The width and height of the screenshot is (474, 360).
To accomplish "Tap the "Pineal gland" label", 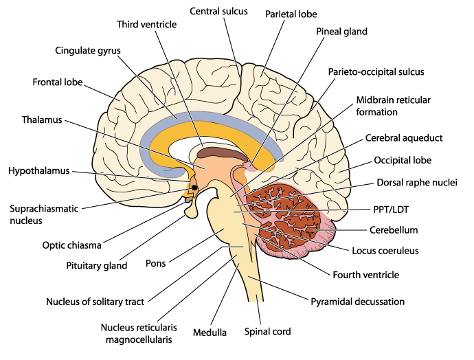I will tap(341, 32).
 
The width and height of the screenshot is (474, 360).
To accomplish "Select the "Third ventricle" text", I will tap(146, 25).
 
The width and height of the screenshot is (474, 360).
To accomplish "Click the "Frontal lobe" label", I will tap(58, 82).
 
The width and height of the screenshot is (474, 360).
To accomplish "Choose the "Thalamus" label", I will tap(42, 120).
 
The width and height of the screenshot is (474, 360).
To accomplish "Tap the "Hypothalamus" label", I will tap(38, 170).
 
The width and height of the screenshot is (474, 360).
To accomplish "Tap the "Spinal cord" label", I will tap(268, 331).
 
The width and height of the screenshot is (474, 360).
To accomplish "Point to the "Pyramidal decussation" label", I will tap(357, 301).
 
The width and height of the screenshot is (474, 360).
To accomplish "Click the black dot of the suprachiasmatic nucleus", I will tap(195, 188).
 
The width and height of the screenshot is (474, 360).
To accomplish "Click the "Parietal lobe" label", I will tap(288, 13).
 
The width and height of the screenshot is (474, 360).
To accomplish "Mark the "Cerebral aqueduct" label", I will tap(404, 137).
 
